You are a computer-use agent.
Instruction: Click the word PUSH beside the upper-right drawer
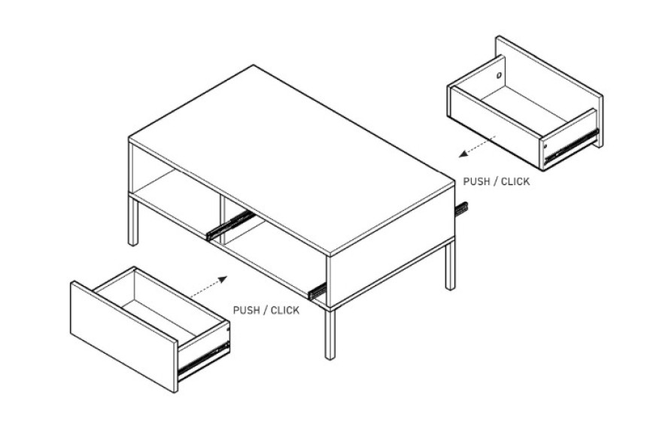pyautogui.click(x=476, y=181)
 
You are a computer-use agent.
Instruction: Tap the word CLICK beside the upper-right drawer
pyautogui.click(x=515, y=181)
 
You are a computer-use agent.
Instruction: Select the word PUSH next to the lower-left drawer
pyautogui.click(x=246, y=310)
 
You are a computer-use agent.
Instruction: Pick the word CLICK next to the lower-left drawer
pyautogui.click(x=285, y=310)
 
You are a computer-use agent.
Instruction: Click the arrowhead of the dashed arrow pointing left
pyautogui.click(x=463, y=154)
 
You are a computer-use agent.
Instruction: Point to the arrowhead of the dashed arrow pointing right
pyautogui.click(x=223, y=279)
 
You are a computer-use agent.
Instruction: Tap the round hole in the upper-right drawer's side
pyautogui.click(x=499, y=75)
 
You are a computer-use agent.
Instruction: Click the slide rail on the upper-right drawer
pyautogui.click(x=572, y=147)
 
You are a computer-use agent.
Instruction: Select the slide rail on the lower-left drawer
pyautogui.click(x=203, y=359)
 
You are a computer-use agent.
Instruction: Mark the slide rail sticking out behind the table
pyautogui.click(x=461, y=208)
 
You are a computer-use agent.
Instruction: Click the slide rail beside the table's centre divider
pyautogui.click(x=229, y=225)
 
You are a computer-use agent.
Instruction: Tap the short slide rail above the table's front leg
pyautogui.click(x=317, y=291)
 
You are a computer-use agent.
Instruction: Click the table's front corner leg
pyautogui.click(x=330, y=333)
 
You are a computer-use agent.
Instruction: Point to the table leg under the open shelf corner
pyautogui.click(x=133, y=221)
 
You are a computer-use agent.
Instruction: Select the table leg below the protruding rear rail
pyautogui.click(x=450, y=266)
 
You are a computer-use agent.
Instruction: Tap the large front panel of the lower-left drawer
pyautogui.click(x=124, y=336)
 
